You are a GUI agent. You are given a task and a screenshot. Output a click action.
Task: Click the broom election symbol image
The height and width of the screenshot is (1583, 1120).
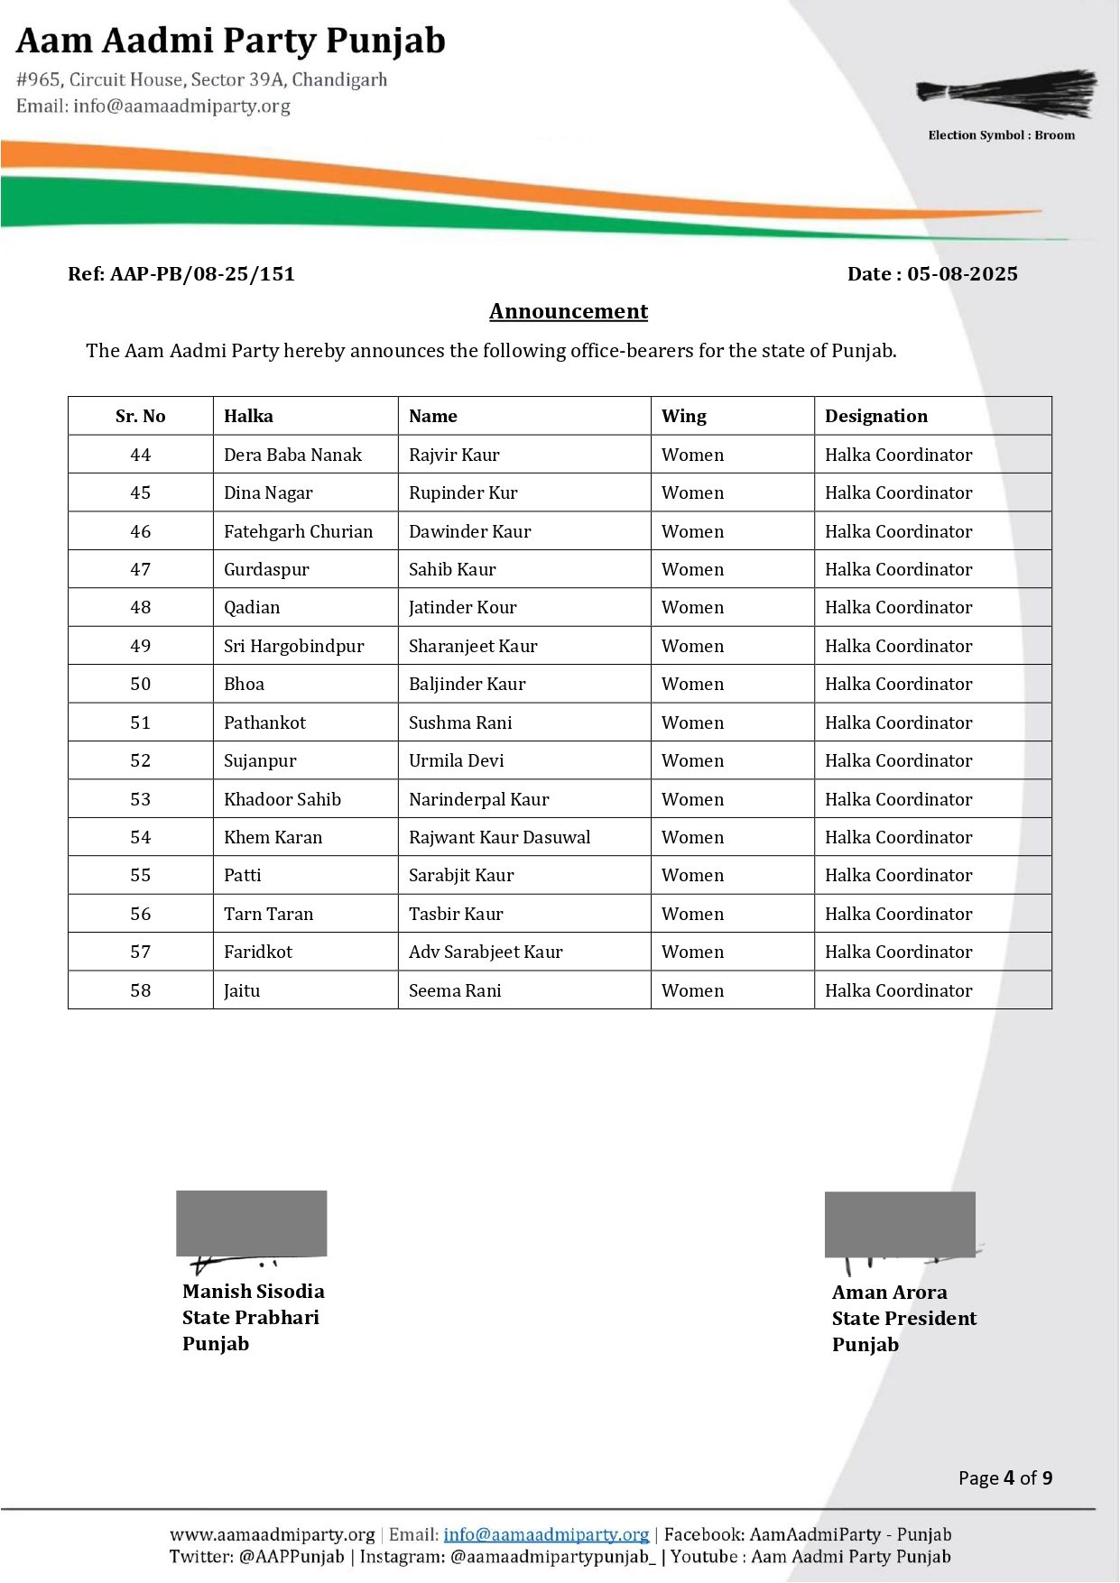pos(1007,94)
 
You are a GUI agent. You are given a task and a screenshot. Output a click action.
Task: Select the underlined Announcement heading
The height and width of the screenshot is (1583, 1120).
pos(569,311)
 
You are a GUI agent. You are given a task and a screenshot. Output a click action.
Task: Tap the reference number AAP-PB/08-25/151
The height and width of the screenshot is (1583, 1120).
pos(202,274)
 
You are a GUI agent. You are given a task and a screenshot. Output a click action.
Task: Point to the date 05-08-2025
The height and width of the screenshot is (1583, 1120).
pos(962,274)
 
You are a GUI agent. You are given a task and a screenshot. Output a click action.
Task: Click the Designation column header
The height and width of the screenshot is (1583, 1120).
pos(875,416)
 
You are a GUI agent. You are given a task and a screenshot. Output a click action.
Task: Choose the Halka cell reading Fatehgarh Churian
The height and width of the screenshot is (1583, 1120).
pos(298,531)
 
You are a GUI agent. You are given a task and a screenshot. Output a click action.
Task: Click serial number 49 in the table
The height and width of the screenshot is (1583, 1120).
pos(141,646)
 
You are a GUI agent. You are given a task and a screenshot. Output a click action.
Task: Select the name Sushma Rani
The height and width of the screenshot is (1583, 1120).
pos(460,722)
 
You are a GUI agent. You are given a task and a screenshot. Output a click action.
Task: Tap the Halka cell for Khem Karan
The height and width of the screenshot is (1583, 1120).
pos(273,837)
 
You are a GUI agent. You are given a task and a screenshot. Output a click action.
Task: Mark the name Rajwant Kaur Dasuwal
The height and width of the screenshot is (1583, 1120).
pos(499,837)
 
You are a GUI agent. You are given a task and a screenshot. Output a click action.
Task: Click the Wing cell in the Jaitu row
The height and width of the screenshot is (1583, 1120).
pos(692,990)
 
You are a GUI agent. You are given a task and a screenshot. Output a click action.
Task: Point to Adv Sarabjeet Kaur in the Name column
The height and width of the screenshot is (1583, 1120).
pos(486,952)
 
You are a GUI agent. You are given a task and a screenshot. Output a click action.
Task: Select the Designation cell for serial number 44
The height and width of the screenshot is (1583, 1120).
pos(898,455)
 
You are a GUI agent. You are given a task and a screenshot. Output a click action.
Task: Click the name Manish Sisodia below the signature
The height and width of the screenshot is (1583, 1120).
pos(253,1292)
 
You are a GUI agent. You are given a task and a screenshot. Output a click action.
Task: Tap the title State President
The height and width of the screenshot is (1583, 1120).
pos(903,1319)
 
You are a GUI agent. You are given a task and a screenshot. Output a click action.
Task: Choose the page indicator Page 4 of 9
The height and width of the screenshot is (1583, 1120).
pos(1004,1477)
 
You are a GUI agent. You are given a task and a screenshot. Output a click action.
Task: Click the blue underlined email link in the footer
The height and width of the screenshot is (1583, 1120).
pos(546,1534)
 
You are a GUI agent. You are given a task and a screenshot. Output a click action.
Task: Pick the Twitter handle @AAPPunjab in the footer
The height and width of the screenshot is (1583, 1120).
pos(292,1557)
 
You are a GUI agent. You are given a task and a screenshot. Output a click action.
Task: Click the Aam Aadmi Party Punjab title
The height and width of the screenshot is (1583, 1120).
pos(231,41)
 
